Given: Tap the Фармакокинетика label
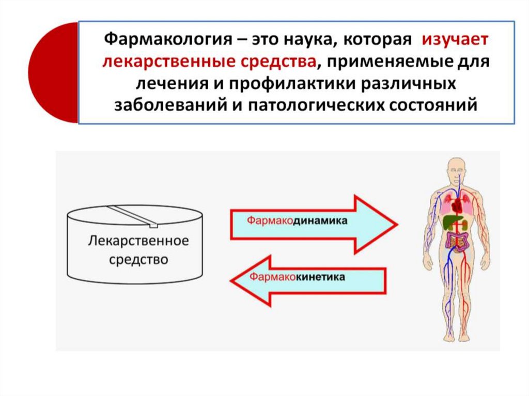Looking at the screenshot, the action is [298, 277].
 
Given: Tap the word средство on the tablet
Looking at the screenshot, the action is [138, 259].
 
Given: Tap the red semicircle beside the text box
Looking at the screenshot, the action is [52, 72].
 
